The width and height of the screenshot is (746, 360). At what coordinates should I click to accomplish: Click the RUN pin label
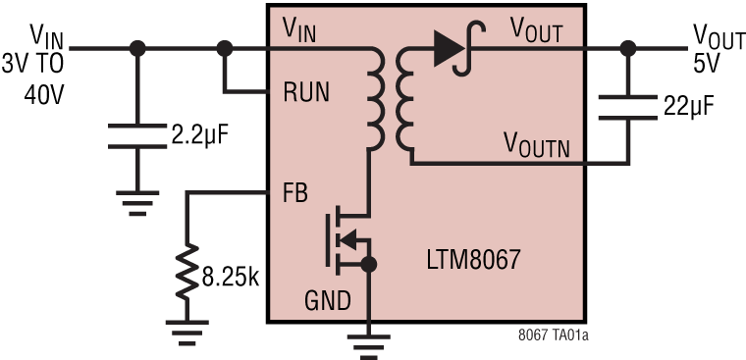point(306,93)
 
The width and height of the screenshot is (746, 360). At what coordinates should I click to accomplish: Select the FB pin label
point(295,192)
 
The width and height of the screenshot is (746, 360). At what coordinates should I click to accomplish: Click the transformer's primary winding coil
point(376,98)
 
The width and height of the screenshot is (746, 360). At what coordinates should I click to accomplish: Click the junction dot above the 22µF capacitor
point(628,47)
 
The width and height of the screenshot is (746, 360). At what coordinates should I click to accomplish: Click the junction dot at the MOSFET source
point(370,265)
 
